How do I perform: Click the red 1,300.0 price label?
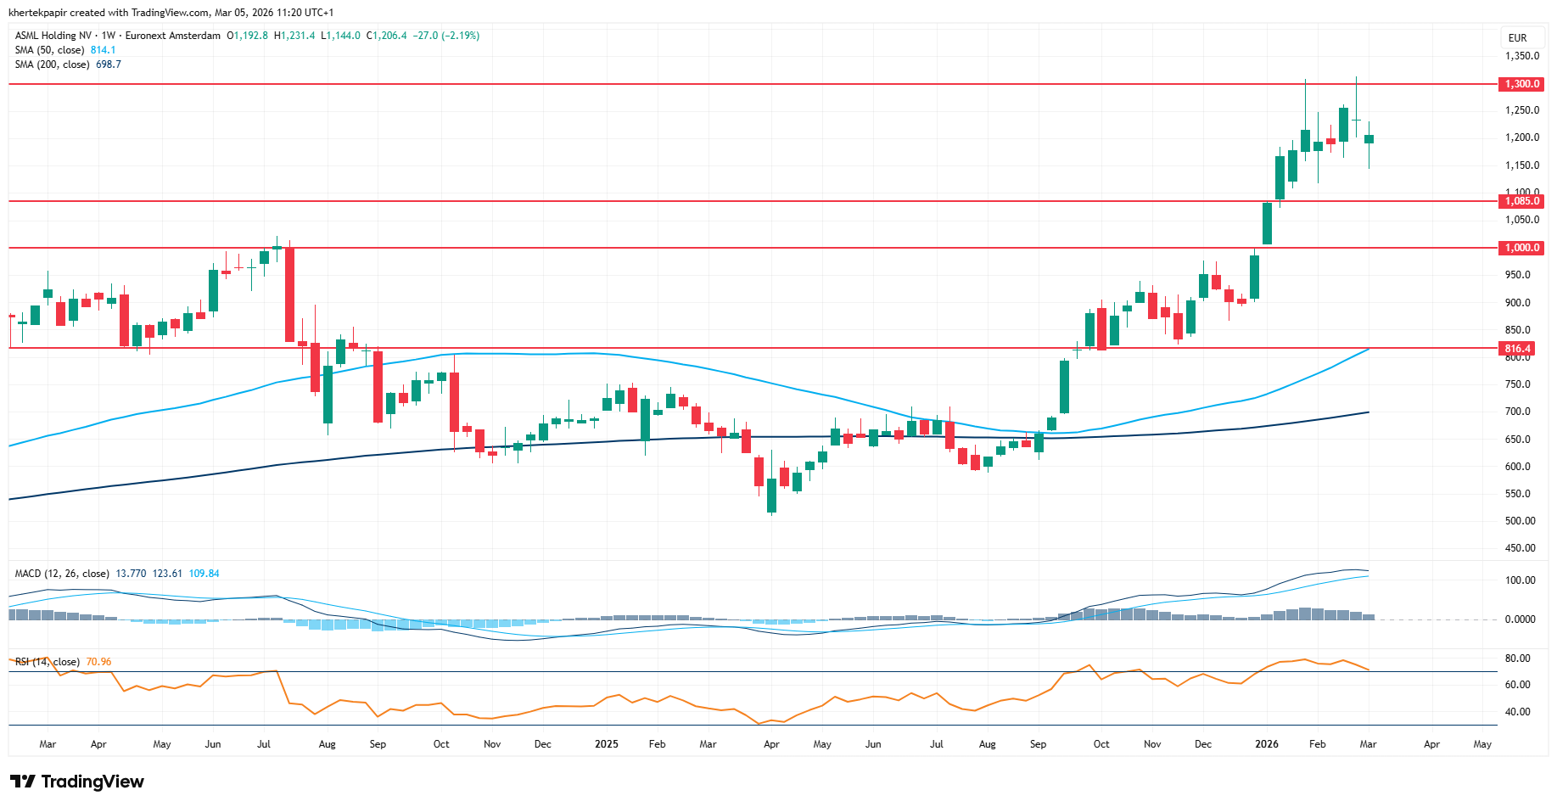[x=1521, y=84]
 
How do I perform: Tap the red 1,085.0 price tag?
[x=1521, y=201]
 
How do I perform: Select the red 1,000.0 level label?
[x=1521, y=248]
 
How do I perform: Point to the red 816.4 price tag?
[x=1517, y=349]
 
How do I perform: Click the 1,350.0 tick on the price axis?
[x=1521, y=56]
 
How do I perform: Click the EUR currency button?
[x=1517, y=38]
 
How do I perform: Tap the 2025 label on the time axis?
[x=606, y=744]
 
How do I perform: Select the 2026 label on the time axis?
[x=1266, y=744]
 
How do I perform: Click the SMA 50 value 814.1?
[x=103, y=50]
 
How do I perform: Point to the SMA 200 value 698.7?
[x=108, y=64]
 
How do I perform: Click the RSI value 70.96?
[x=98, y=662]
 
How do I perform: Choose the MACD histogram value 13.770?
[x=131, y=574]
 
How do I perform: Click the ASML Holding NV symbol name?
[x=53, y=36]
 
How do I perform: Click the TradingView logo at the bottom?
[x=77, y=782]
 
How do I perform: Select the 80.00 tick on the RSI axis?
[x=1517, y=658]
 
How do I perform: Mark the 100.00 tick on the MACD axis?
[x=1520, y=580]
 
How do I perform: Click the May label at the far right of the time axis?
[x=1481, y=744]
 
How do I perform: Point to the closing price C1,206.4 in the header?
[x=386, y=36]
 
